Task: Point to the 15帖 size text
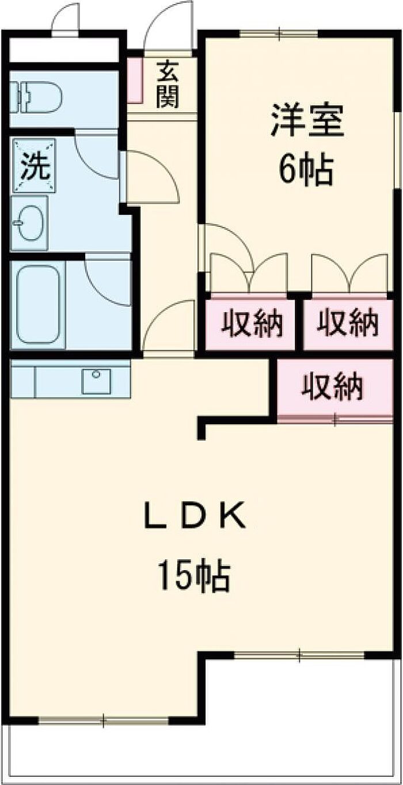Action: [x=195, y=576]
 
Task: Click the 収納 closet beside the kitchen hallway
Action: [x=252, y=324]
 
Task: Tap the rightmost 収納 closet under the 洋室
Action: [x=349, y=324]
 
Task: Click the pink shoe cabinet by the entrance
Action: [x=134, y=79]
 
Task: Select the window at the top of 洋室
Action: [x=279, y=33]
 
